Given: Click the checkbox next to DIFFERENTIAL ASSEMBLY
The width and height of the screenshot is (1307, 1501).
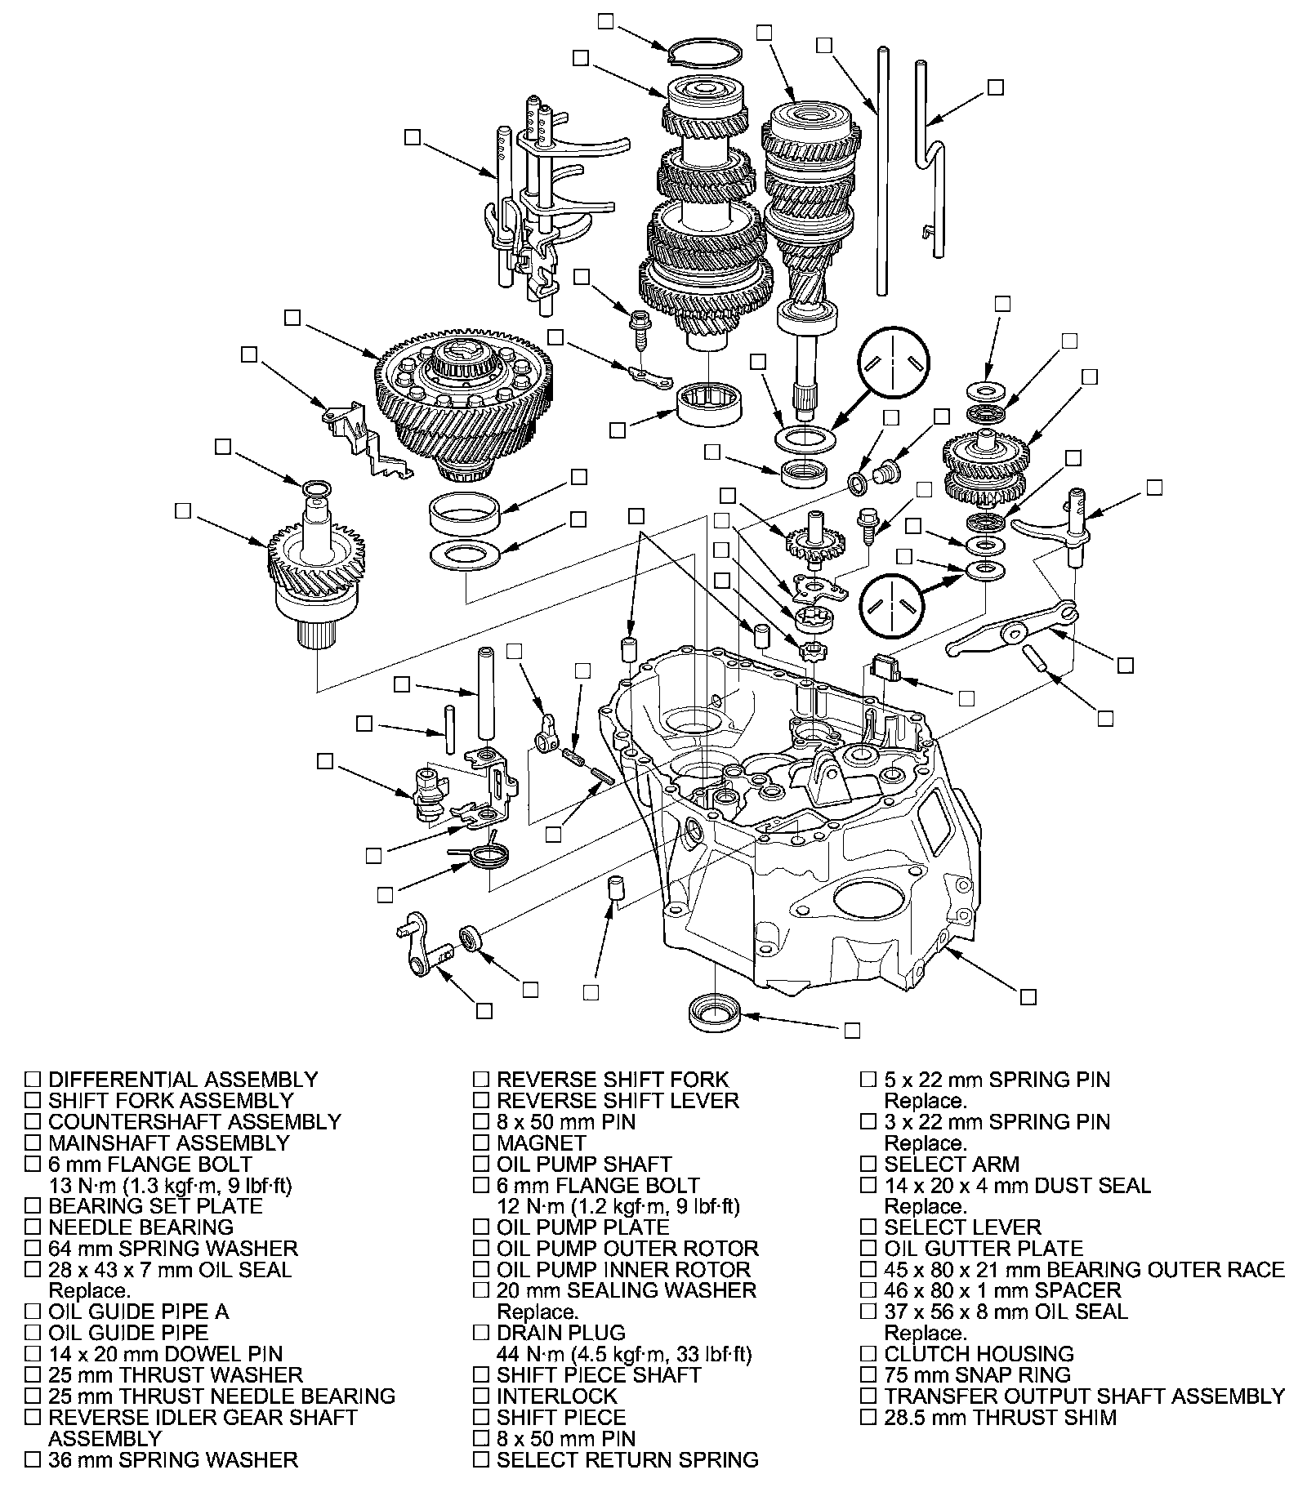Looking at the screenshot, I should click(x=33, y=1080).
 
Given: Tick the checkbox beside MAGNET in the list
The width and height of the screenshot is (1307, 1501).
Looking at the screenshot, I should click(x=480, y=1143).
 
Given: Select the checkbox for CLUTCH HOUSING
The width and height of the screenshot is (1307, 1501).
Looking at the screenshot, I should click(x=868, y=1354).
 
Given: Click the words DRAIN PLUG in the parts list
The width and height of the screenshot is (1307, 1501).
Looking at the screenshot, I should click(x=560, y=1333).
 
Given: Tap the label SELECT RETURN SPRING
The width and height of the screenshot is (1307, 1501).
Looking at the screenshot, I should click(x=627, y=1459).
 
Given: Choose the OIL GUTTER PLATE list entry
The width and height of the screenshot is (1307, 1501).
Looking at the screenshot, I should click(x=984, y=1249).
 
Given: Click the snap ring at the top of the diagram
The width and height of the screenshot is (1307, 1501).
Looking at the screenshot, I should click(x=704, y=51).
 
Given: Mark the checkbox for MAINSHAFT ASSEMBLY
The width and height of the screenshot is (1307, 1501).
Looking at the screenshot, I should click(x=33, y=1143).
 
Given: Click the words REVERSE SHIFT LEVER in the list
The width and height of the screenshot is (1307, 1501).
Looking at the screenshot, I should click(x=618, y=1101).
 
